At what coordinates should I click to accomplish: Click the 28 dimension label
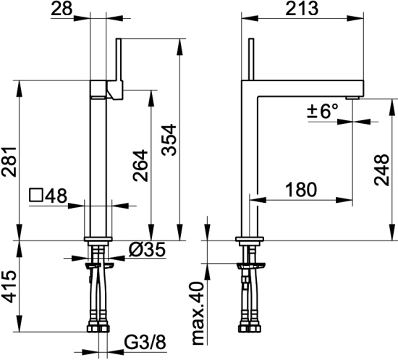tap(62, 9)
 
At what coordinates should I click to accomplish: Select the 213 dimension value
tap(302, 9)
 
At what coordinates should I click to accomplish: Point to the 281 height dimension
tap(9, 162)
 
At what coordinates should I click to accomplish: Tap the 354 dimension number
tap(169, 140)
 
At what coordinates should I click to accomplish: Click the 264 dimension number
tap(140, 165)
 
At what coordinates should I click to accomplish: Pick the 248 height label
tap(381, 169)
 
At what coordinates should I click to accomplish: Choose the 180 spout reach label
tap(301, 190)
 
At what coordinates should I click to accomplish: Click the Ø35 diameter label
tap(147, 249)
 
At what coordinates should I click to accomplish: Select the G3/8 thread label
tap(145, 343)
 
